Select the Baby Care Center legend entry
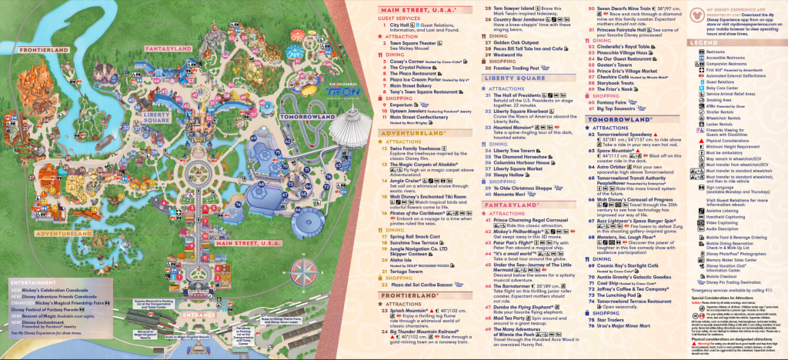713,87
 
